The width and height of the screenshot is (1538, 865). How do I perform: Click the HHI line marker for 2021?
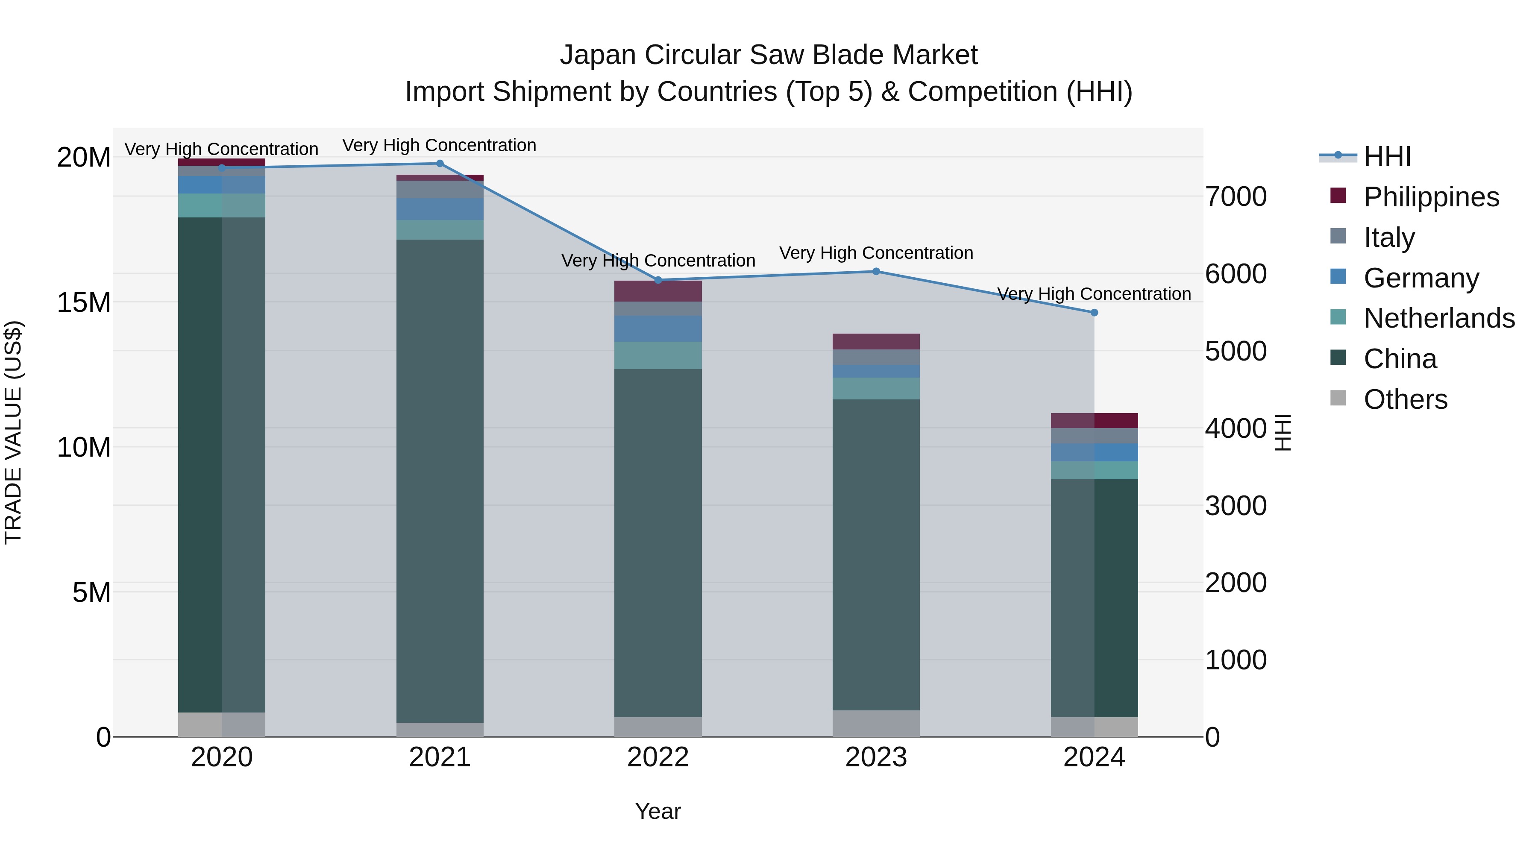(x=440, y=163)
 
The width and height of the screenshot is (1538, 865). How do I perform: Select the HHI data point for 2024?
(x=1094, y=312)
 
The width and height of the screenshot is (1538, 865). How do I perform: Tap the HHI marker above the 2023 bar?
(x=876, y=271)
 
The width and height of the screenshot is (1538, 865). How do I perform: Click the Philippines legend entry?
(x=1431, y=197)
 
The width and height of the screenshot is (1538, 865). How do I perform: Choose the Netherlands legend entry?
(x=1439, y=318)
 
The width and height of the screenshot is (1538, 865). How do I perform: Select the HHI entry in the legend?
(x=1387, y=156)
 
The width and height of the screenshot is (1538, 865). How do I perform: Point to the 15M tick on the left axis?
(x=84, y=303)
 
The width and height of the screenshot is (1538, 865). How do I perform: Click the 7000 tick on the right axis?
(x=1235, y=197)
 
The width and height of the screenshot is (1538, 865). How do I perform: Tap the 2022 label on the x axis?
(x=658, y=757)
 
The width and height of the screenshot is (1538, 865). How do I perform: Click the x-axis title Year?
(x=658, y=811)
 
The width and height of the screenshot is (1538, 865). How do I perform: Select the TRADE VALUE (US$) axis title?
(x=13, y=432)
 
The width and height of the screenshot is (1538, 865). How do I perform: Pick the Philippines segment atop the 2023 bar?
(x=876, y=341)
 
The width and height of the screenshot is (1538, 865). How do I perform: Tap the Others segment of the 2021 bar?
(x=440, y=730)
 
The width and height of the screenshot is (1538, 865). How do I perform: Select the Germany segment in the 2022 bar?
(x=658, y=328)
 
